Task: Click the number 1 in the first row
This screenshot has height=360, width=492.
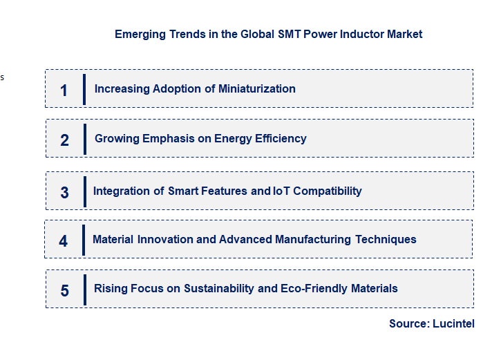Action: [x=64, y=90]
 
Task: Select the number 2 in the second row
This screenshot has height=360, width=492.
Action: [x=64, y=140]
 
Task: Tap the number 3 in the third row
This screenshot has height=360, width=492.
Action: [x=64, y=193]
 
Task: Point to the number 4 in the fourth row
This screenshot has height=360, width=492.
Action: [x=64, y=241]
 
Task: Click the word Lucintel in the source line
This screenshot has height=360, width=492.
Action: [x=454, y=323]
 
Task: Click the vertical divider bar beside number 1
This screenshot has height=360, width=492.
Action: [x=84, y=89]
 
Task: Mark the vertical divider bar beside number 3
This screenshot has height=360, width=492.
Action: [x=84, y=191]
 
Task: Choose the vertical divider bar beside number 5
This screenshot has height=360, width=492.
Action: [x=84, y=290]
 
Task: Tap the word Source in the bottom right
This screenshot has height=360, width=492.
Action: [x=408, y=323]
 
